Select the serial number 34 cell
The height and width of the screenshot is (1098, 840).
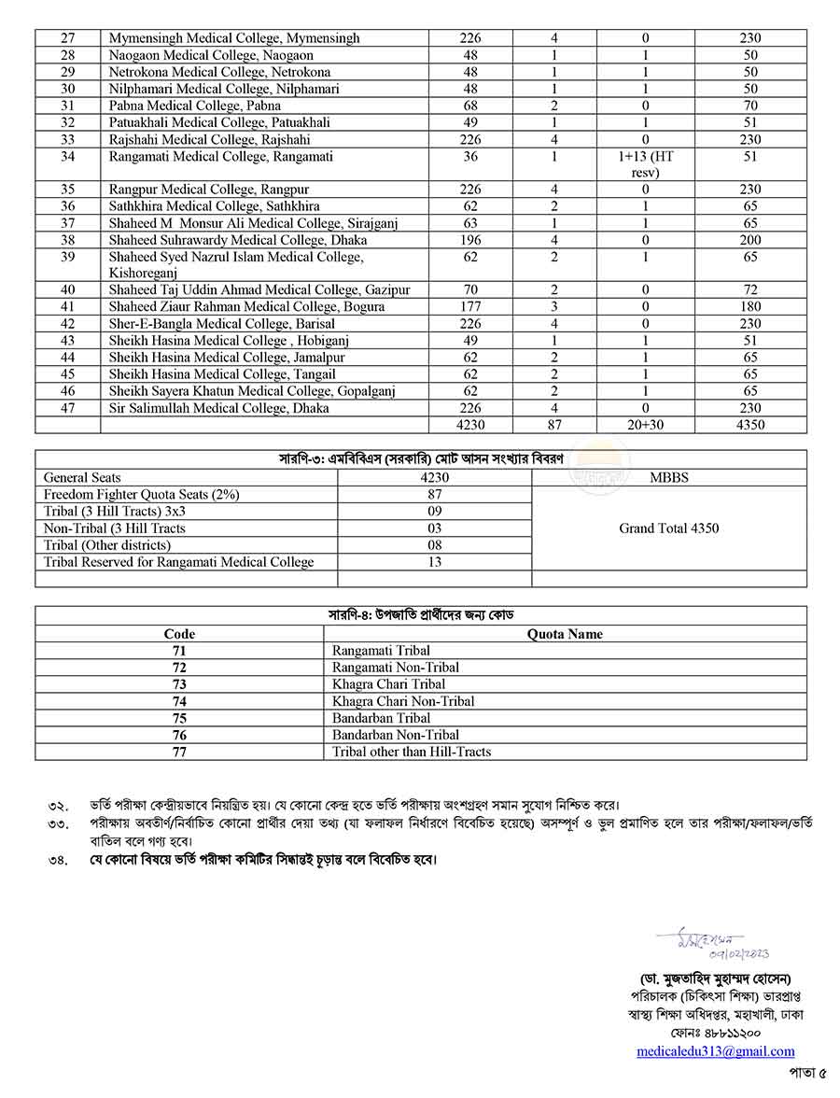pyautogui.click(x=67, y=157)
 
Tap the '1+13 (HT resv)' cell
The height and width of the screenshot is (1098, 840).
pyautogui.click(x=645, y=164)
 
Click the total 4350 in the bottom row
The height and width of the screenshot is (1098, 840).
pyautogui.click(x=749, y=425)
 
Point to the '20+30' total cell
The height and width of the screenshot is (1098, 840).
pyautogui.click(x=645, y=425)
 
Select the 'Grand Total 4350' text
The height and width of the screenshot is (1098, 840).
pyautogui.click(x=668, y=528)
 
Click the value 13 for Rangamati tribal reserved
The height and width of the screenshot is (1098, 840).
pyautogui.click(x=435, y=562)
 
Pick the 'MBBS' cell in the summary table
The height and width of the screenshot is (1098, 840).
pyautogui.click(x=668, y=477)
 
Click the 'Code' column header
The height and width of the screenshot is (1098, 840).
pyautogui.click(x=179, y=634)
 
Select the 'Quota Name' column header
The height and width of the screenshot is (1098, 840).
pyautogui.click(x=565, y=634)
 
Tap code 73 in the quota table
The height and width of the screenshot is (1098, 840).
pyautogui.click(x=179, y=684)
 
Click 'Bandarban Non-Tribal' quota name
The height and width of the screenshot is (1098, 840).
pyautogui.click(x=396, y=735)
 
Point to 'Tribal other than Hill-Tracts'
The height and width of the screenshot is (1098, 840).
pyautogui.click(x=412, y=752)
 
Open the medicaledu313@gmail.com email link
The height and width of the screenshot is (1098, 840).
pyautogui.click(x=716, y=1051)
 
